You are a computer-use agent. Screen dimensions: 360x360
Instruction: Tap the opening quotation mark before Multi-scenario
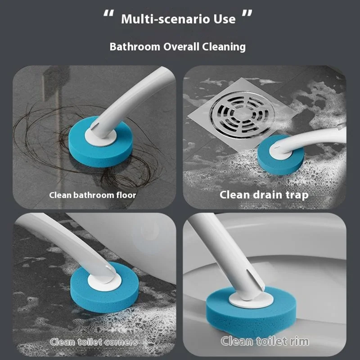point(108,17)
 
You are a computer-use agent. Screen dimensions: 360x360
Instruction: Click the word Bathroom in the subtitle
point(130,46)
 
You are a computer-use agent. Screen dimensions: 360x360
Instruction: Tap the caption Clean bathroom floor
point(92,195)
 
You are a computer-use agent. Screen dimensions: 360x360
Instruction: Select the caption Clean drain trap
point(264,195)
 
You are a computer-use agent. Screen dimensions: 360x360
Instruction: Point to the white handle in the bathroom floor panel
point(135,94)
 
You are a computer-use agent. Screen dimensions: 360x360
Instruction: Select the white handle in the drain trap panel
point(315,137)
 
